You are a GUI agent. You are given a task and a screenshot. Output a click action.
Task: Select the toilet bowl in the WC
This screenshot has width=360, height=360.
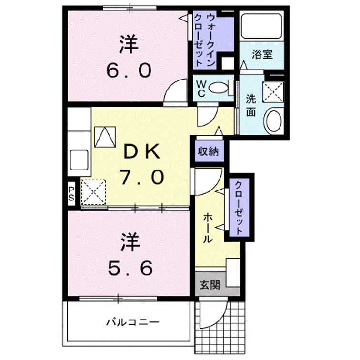point(219,88)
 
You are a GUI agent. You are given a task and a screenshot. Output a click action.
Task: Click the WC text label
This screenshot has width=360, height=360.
point(201,89)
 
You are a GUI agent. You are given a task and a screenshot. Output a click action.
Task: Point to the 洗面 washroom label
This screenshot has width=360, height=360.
point(251,105)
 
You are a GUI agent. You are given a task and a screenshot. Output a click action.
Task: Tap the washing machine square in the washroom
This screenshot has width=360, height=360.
point(273,91)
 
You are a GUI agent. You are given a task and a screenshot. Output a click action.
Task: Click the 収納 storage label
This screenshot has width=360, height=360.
point(208,152)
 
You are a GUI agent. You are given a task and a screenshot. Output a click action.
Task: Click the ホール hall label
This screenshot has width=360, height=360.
point(208,228)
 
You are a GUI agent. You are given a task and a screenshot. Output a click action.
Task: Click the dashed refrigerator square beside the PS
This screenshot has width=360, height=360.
point(93,193)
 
